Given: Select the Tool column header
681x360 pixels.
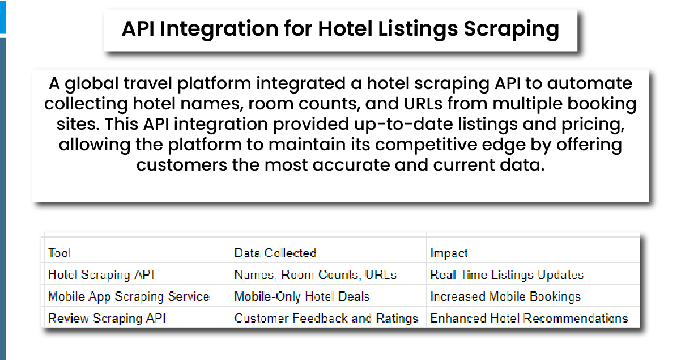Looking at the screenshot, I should click(59, 253).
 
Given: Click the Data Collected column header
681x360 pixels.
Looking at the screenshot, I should click(275, 253).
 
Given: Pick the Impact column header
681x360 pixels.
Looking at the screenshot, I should click(449, 253).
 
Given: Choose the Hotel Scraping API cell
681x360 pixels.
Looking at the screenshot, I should click(101, 275).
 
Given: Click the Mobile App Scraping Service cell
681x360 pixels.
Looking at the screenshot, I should click(129, 297).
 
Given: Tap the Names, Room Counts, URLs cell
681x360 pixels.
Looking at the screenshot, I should click(316, 275).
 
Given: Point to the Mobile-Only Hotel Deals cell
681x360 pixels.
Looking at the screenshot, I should click(302, 297).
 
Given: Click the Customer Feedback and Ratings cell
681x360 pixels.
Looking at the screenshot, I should click(326, 318).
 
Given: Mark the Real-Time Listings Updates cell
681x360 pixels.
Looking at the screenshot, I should click(507, 275).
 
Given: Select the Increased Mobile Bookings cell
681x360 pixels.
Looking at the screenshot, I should click(505, 297).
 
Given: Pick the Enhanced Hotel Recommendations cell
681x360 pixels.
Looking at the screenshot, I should click(529, 318).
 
